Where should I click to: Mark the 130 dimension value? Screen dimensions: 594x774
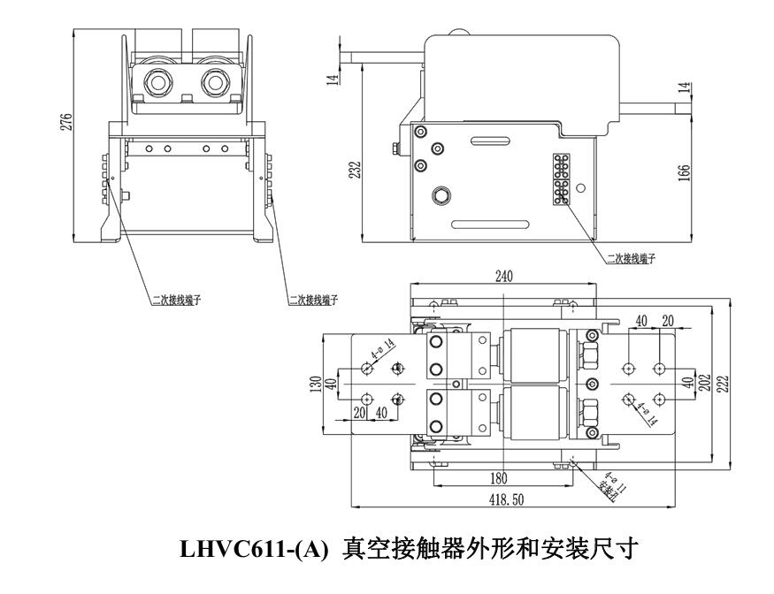tap(316, 386)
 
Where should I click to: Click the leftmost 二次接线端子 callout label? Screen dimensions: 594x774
tap(174, 300)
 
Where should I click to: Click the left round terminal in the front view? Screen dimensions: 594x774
tap(158, 83)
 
